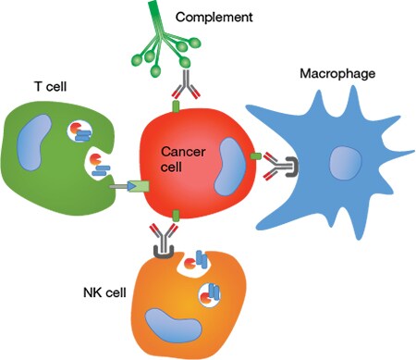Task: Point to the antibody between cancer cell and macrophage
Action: (x=273, y=167)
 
